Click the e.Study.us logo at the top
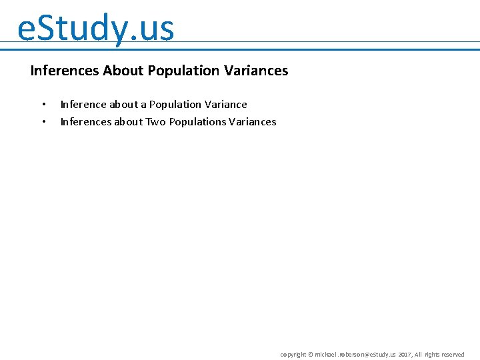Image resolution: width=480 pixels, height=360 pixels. click(x=95, y=29)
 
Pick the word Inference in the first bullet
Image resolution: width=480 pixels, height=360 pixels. click(x=83, y=105)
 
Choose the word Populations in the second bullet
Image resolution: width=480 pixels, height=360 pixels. click(x=197, y=122)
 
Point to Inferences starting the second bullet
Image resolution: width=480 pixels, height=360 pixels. click(x=85, y=122)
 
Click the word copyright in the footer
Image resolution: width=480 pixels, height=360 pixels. click(x=293, y=355)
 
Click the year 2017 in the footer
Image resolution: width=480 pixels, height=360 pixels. click(x=405, y=355)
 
